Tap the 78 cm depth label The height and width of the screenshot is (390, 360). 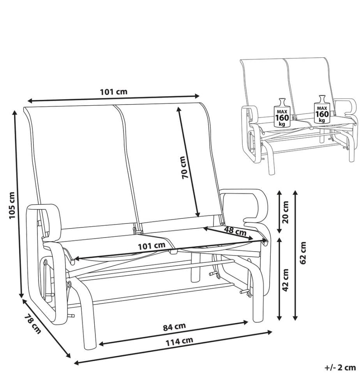pos(33,324)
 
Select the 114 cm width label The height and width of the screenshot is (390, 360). pos(179,341)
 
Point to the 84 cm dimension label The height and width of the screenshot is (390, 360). pos(174,327)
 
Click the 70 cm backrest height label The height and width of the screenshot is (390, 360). pos(185,167)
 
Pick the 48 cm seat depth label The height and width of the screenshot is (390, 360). pos(235,230)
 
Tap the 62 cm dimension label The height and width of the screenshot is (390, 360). pos(303,253)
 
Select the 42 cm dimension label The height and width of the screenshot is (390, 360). pos(286,280)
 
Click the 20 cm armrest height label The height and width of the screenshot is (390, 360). pos(286,212)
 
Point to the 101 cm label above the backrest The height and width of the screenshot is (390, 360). pos(113,92)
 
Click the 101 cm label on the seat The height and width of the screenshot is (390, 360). pos(152,246)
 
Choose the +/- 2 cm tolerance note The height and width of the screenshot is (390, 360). pos(340,367)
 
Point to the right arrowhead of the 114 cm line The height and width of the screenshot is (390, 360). pos(269,332)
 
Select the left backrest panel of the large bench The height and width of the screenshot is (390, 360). pos(82,167)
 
